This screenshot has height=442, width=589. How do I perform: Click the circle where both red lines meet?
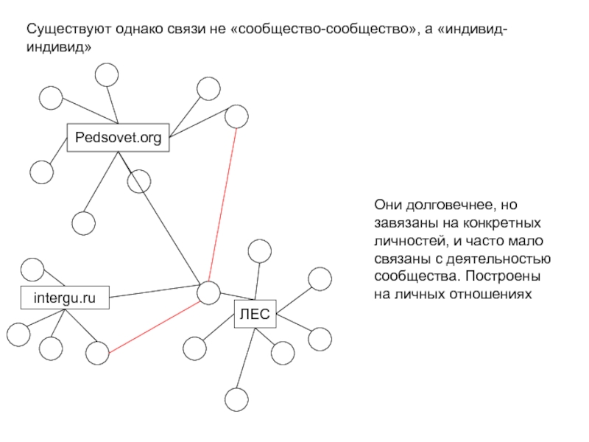[208, 292]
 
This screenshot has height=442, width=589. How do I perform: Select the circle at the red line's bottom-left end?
[96, 354]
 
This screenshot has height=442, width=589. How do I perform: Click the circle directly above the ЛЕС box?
[259, 251]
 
